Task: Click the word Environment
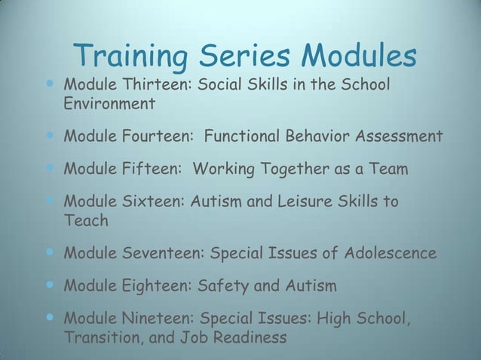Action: pos(109,103)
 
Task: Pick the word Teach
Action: pos(86,221)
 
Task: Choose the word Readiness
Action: pos(250,337)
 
